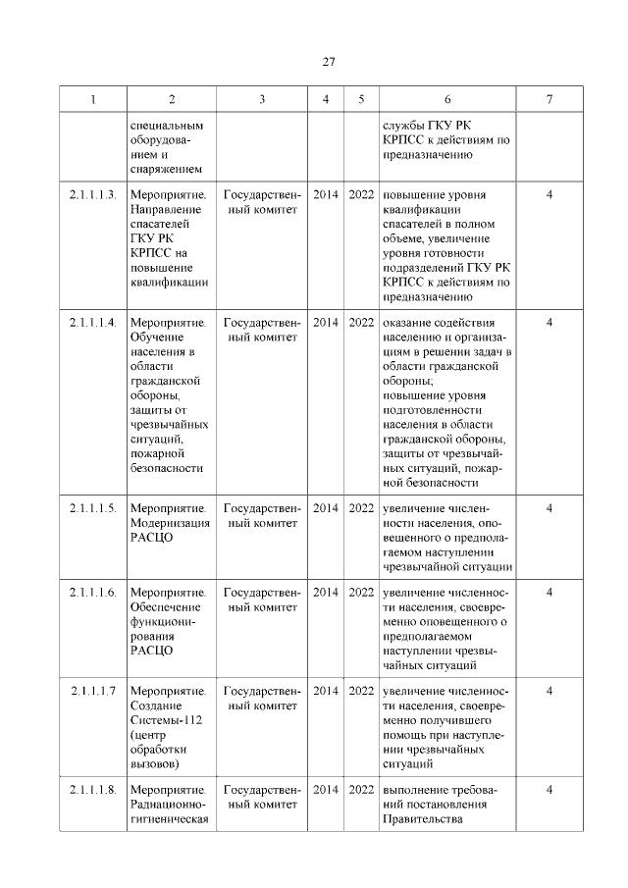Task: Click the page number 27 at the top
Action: (329, 62)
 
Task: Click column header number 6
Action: (447, 99)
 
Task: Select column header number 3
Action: (261, 99)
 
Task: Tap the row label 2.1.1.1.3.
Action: (94, 194)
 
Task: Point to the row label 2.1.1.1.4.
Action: (94, 322)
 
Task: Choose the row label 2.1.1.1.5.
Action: (94, 508)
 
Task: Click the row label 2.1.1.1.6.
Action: (94, 592)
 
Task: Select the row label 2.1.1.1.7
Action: (94, 691)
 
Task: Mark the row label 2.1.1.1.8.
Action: (94, 790)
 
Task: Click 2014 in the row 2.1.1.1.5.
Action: (326, 508)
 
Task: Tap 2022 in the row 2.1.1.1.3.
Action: (361, 194)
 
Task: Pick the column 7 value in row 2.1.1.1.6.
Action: (549, 592)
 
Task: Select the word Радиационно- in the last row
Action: (168, 806)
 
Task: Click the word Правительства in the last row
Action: (422, 820)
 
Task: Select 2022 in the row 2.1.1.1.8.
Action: (361, 790)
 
